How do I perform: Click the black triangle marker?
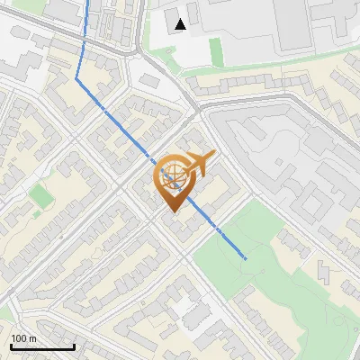(x=182, y=24)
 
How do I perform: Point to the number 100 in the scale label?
(x=19, y=338)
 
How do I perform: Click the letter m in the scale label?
(x=33, y=338)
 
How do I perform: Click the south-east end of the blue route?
(x=245, y=258)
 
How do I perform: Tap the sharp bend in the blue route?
(x=77, y=79)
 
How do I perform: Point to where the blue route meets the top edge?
(x=89, y=1)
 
